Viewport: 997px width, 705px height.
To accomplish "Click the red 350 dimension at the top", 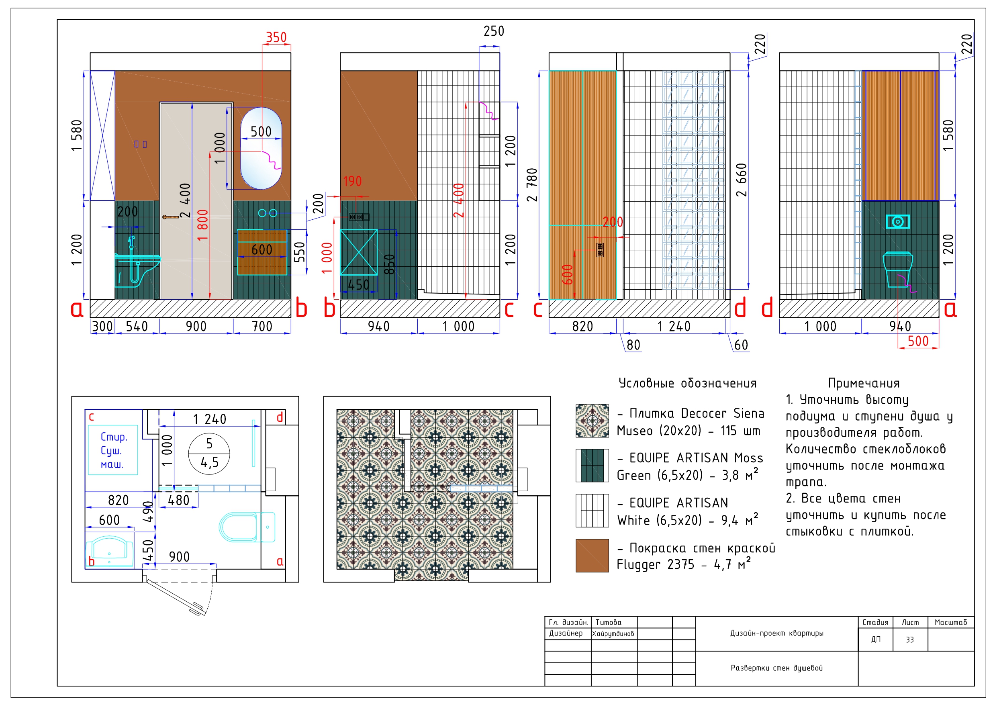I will click(276, 37).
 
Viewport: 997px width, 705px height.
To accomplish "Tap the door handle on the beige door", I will click(170, 217).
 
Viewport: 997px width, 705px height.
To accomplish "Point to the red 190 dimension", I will click(352, 181).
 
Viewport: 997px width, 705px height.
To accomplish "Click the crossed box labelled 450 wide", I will click(358, 252).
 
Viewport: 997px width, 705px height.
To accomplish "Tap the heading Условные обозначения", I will click(687, 383).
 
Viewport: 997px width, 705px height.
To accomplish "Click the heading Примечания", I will click(863, 383).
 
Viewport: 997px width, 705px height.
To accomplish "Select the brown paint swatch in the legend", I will click(592, 556).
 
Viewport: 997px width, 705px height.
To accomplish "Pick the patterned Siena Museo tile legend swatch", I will click(592, 421).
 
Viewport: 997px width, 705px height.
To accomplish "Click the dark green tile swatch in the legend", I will click(592, 466).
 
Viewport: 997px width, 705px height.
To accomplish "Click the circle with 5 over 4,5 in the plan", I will click(209, 453).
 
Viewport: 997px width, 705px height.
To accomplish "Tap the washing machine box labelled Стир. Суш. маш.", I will click(113, 450).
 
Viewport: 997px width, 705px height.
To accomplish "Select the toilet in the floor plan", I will click(245, 527).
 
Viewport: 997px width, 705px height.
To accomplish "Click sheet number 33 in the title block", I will click(909, 640).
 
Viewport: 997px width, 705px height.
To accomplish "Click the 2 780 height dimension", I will click(532, 185).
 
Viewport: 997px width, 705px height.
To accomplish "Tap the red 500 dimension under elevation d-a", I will click(917, 341).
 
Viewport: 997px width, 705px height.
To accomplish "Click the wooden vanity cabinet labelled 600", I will click(262, 252).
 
